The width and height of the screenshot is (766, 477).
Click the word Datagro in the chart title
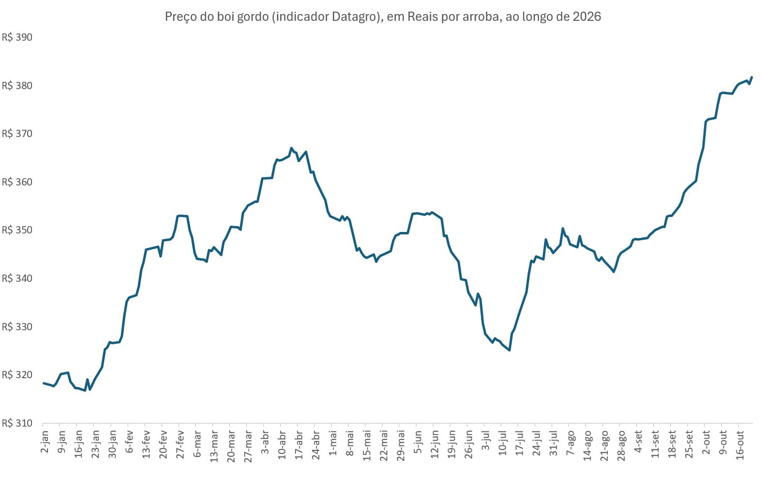354,16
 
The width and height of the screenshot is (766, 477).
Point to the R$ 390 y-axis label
17,37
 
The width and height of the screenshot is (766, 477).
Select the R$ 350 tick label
17,230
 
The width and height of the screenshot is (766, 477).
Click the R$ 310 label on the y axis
17,423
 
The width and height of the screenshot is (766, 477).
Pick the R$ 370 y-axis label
17,133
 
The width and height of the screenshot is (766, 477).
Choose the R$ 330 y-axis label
17,327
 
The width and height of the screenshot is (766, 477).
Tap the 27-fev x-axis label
180,444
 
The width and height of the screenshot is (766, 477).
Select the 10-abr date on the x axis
282,445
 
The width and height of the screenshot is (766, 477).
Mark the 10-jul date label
503,444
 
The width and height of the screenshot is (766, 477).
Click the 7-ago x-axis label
570,443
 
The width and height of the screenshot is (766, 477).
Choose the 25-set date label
689,444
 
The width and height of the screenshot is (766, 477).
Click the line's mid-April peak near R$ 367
291,148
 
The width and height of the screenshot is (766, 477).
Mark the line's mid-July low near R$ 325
510,350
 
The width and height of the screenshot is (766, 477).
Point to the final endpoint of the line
751,77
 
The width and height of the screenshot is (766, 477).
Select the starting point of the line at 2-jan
44,383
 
